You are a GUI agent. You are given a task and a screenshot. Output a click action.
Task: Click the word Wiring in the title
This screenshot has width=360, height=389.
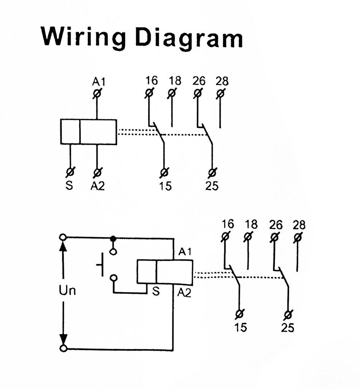(83, 37)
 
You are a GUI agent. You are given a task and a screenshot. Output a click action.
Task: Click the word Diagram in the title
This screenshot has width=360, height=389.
(189, 37)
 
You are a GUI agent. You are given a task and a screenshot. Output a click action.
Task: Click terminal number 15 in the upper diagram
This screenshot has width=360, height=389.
(165, 186)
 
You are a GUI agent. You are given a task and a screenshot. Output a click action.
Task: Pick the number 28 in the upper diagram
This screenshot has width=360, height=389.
(222, 81)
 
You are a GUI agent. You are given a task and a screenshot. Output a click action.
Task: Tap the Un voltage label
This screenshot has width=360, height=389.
(67, 291)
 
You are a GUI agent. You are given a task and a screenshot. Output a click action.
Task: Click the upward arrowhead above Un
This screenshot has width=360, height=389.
(63, 246)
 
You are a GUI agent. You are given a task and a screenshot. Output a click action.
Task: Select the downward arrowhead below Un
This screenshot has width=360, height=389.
(63, 339)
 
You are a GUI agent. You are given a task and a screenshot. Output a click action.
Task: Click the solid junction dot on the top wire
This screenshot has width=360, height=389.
(113, 238)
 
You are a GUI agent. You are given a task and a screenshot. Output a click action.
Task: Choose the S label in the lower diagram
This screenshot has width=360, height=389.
(155, 291)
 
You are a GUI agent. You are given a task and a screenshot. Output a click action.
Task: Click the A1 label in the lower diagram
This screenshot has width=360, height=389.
(185, 251)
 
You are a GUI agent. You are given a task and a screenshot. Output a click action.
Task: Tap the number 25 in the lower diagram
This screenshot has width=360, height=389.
(287, 327)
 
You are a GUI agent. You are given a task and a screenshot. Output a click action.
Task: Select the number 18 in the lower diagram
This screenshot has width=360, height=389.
(250, 225)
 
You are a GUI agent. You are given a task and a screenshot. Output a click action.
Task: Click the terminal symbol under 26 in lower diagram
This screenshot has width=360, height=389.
(274, 237)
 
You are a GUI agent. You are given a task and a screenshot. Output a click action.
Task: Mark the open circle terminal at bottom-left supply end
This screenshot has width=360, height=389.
(63, 348)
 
